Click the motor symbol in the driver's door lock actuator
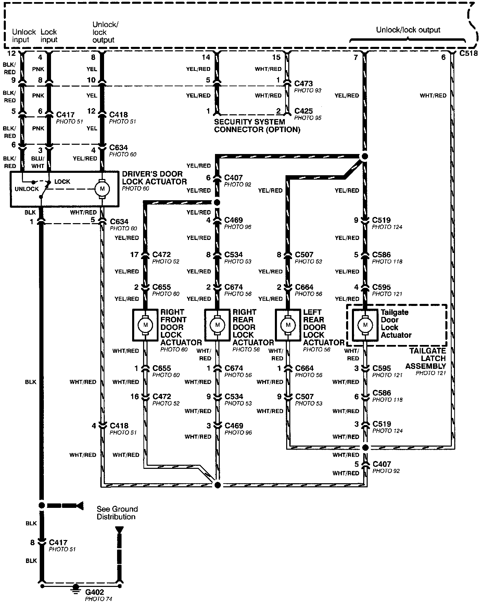point(101,188)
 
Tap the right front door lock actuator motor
point(145,324)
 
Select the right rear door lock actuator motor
point(217,324)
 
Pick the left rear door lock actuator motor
point(288,324)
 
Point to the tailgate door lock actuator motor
point(365,324)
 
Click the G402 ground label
point(94,592)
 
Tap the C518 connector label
point(468,54)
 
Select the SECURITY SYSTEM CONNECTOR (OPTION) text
point(257,126)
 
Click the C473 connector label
point(304,84)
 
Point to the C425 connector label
point(304,111)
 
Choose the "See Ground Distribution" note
point(117,513)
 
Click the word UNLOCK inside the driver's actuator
point(27,189)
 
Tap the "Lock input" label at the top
point(49,36)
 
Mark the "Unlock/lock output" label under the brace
point(408,30)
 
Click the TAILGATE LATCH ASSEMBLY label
point(428,358)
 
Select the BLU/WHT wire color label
point(38,162)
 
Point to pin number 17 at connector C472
point(134,255)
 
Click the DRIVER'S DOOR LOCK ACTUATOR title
point(154,178)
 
